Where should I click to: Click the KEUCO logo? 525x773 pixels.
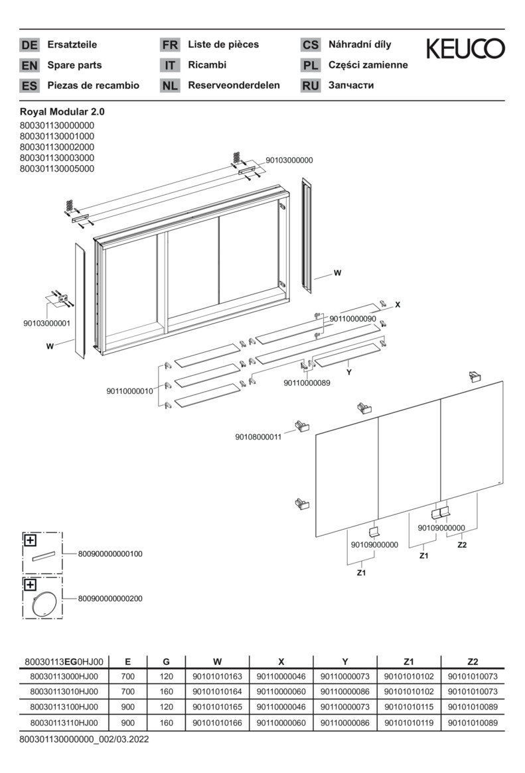pos(465,48)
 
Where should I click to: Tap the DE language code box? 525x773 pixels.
pos(29,45)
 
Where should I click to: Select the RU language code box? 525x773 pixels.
pos(310,86)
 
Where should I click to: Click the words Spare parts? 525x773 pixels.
pos(74,65)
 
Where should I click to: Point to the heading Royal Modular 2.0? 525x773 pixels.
pos(62,112)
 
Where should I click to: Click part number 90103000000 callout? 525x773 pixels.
pos(289,160)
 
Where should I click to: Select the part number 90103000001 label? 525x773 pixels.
pos(46,324)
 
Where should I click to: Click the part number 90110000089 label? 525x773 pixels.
pos(307,383)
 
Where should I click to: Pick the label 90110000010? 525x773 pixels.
pos(129,391)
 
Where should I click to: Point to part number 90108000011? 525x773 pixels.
pos(258,437)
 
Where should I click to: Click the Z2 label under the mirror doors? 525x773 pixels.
pos(463,545)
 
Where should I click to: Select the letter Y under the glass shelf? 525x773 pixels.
pos(348,373)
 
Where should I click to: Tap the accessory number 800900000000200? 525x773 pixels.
pos(110,599)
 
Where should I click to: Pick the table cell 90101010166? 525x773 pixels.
pos(217,723)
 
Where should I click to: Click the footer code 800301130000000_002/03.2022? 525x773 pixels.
pos(84,739)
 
